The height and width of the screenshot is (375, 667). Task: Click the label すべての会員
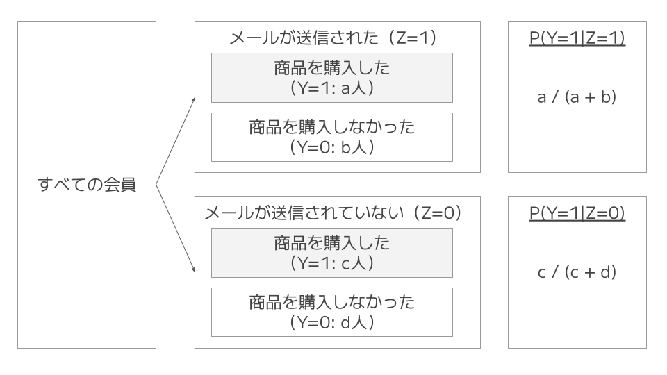point(87,185)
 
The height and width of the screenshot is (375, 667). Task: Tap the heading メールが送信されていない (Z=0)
point(333,213)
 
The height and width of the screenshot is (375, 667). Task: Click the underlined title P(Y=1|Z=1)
point(577,37)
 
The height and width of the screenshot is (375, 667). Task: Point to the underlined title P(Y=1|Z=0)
point(577,213)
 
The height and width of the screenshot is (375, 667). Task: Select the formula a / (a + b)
point(577,97)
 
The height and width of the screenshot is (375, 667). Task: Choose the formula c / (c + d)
point(577,273)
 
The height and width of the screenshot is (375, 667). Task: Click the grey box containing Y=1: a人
point(332,78)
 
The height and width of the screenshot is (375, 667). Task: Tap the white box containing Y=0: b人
point(332,137)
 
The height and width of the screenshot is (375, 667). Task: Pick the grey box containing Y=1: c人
point(332,253)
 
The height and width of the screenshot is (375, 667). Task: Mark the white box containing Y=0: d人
point(332,312)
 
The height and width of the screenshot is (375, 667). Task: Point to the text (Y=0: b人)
point(332,147)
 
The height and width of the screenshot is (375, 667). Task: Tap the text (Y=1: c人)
point(332,263)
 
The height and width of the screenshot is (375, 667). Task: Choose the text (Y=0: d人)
point(332,322)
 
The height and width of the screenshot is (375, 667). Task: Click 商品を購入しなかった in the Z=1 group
point(332,127)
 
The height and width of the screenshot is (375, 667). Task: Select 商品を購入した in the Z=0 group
point(332,244)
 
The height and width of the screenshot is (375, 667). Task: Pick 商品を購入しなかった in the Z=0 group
point(332,302)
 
